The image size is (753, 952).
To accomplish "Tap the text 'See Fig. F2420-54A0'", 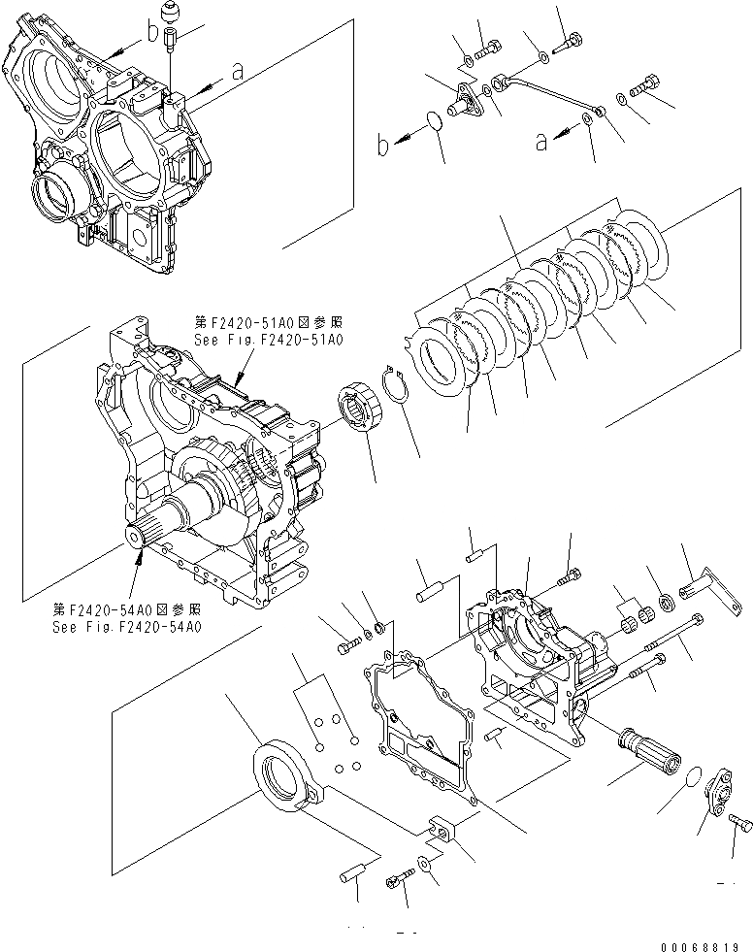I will click(127, 628).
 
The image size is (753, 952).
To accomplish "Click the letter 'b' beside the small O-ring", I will click(385, 148).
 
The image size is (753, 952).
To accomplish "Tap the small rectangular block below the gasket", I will click(441, 831).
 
